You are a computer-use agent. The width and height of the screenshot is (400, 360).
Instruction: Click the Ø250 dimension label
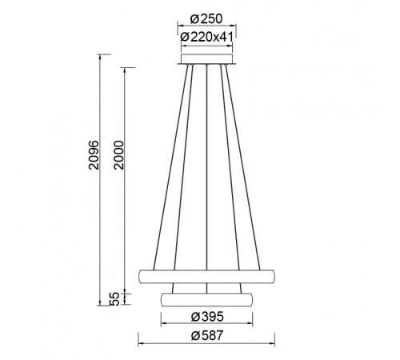pyautogui.click(x=206, y=19)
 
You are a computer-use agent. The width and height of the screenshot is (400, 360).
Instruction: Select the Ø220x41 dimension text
pyautogui.click(x=206, y=37)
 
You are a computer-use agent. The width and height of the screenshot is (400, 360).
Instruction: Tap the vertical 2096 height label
pyautogui.click(x=94, y=155)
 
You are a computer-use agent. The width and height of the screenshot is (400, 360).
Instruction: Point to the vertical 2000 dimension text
pyautogui.click(x=118, y=155)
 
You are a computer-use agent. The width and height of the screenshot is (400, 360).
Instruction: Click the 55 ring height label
pyautogui.click(x=114, y=298)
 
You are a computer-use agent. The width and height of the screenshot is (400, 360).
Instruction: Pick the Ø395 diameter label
pyautogui.click(x=207, y=317)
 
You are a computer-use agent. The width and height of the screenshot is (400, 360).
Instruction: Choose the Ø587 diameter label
pyautogui.click(x=207, y=336)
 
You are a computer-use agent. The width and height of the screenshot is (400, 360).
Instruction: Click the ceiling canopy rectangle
pyautogui.click(x=207, y=58)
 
